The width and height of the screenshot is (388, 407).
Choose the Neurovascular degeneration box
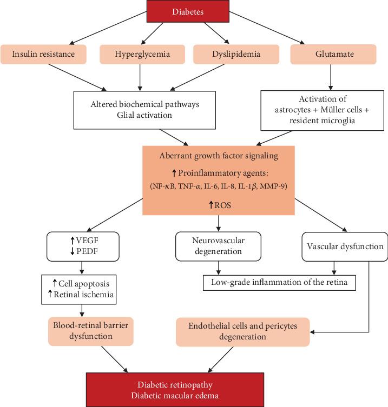click(x=218, y=246)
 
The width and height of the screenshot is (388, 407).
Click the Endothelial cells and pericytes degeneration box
click(x=244, y=330)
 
